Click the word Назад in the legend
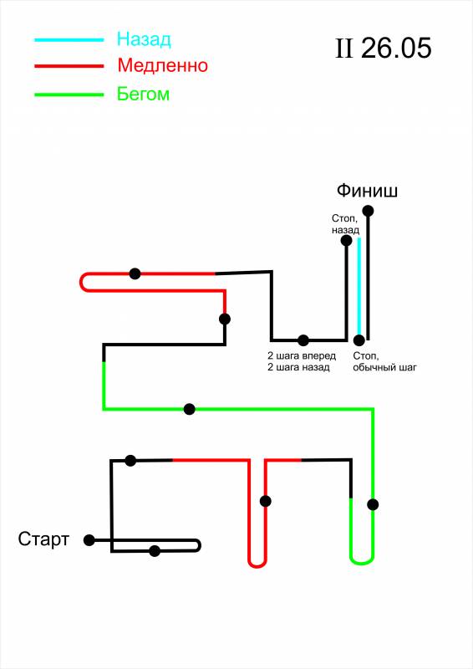click(144, 39)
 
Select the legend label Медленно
click(162, 65)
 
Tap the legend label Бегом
click(143, 94)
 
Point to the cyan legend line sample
click(69, 40)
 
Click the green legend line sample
click(69, 94)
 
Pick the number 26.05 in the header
click(396, 48)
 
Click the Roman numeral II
click(344, 49)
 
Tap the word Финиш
click(367, 191)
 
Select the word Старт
click(43, 539)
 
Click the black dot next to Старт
click(89, 540)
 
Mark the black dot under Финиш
click(368, 211)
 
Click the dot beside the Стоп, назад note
click(346, 241)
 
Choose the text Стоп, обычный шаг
click(384, 361)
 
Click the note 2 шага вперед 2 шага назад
click(302, 361)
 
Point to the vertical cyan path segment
click(359, 287)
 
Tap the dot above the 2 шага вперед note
click(303, 340)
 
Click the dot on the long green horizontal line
click(190, 409)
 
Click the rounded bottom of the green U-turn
click(362, 561)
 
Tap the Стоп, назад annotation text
click(345, 224)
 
